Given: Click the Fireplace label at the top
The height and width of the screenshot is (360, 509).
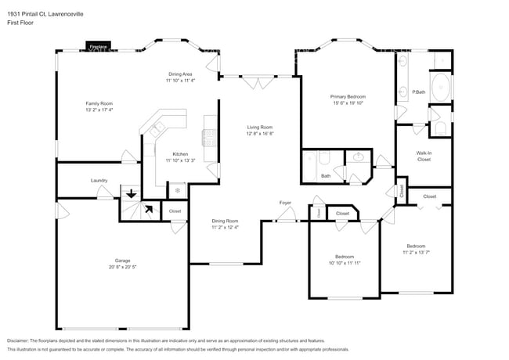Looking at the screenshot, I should tap(99, 47).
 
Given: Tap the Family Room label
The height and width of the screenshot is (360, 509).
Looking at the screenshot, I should tap(99, 103).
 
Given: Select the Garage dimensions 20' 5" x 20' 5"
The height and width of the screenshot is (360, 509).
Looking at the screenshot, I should tap(123, 267).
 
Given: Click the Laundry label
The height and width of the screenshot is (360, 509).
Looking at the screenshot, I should tap(99, 180).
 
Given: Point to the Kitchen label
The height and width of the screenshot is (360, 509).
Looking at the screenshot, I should tap(180, 154).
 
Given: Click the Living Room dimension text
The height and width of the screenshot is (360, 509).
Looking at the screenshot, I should tap(260, 133).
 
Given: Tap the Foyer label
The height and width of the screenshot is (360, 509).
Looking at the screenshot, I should tap(286, 203).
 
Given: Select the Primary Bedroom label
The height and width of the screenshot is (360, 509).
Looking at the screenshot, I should tap(349, 96).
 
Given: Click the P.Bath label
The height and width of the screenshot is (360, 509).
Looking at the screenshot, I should tap(419, 92).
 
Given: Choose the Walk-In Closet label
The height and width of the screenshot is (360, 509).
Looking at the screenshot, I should tap(424, 156).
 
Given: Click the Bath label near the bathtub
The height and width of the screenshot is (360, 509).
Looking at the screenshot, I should tap(326, 176).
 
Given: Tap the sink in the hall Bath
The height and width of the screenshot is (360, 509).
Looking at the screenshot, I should tap(359, 157).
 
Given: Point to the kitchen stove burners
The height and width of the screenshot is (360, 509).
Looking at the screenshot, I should tap(209, 138).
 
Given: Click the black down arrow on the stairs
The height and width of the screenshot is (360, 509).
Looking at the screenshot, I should tap(131, 193).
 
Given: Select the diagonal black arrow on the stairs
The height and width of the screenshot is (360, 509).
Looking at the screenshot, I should tap(146, 208).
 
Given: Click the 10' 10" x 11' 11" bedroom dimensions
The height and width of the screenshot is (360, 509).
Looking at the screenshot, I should tap(345, 263).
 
